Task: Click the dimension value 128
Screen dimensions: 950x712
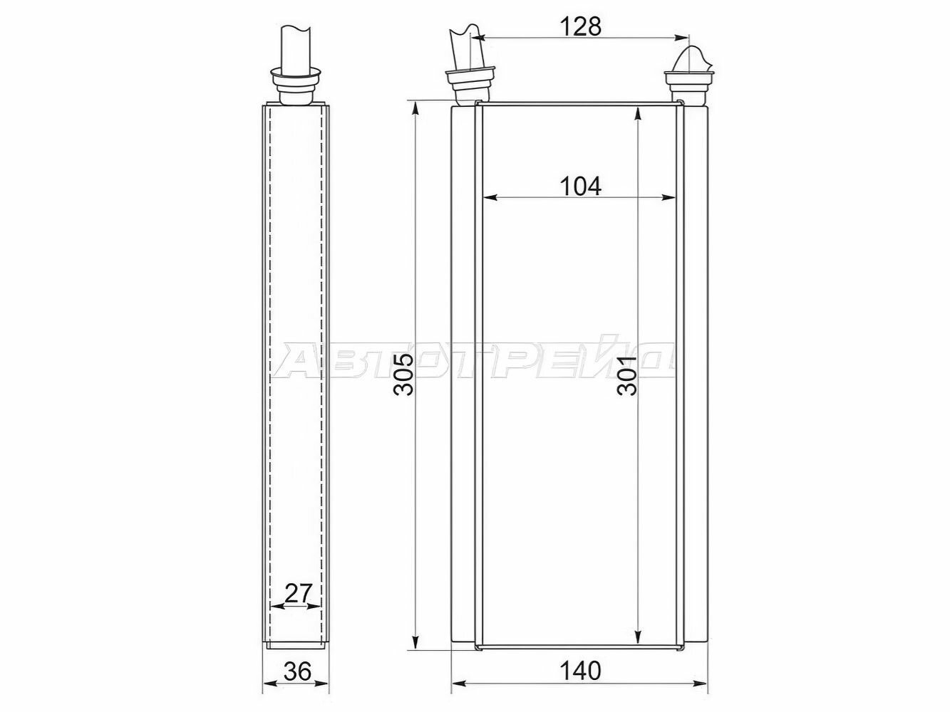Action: pos(580,27)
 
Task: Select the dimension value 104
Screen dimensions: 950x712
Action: pos(580,187)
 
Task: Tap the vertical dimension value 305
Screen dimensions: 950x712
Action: pos(403,375)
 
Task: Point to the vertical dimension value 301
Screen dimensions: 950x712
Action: pos(627,375)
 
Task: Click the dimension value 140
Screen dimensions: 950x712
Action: pos(580,671)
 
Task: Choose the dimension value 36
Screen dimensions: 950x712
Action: pos(297,671)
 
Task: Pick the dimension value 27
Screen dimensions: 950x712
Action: pos(298,594)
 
